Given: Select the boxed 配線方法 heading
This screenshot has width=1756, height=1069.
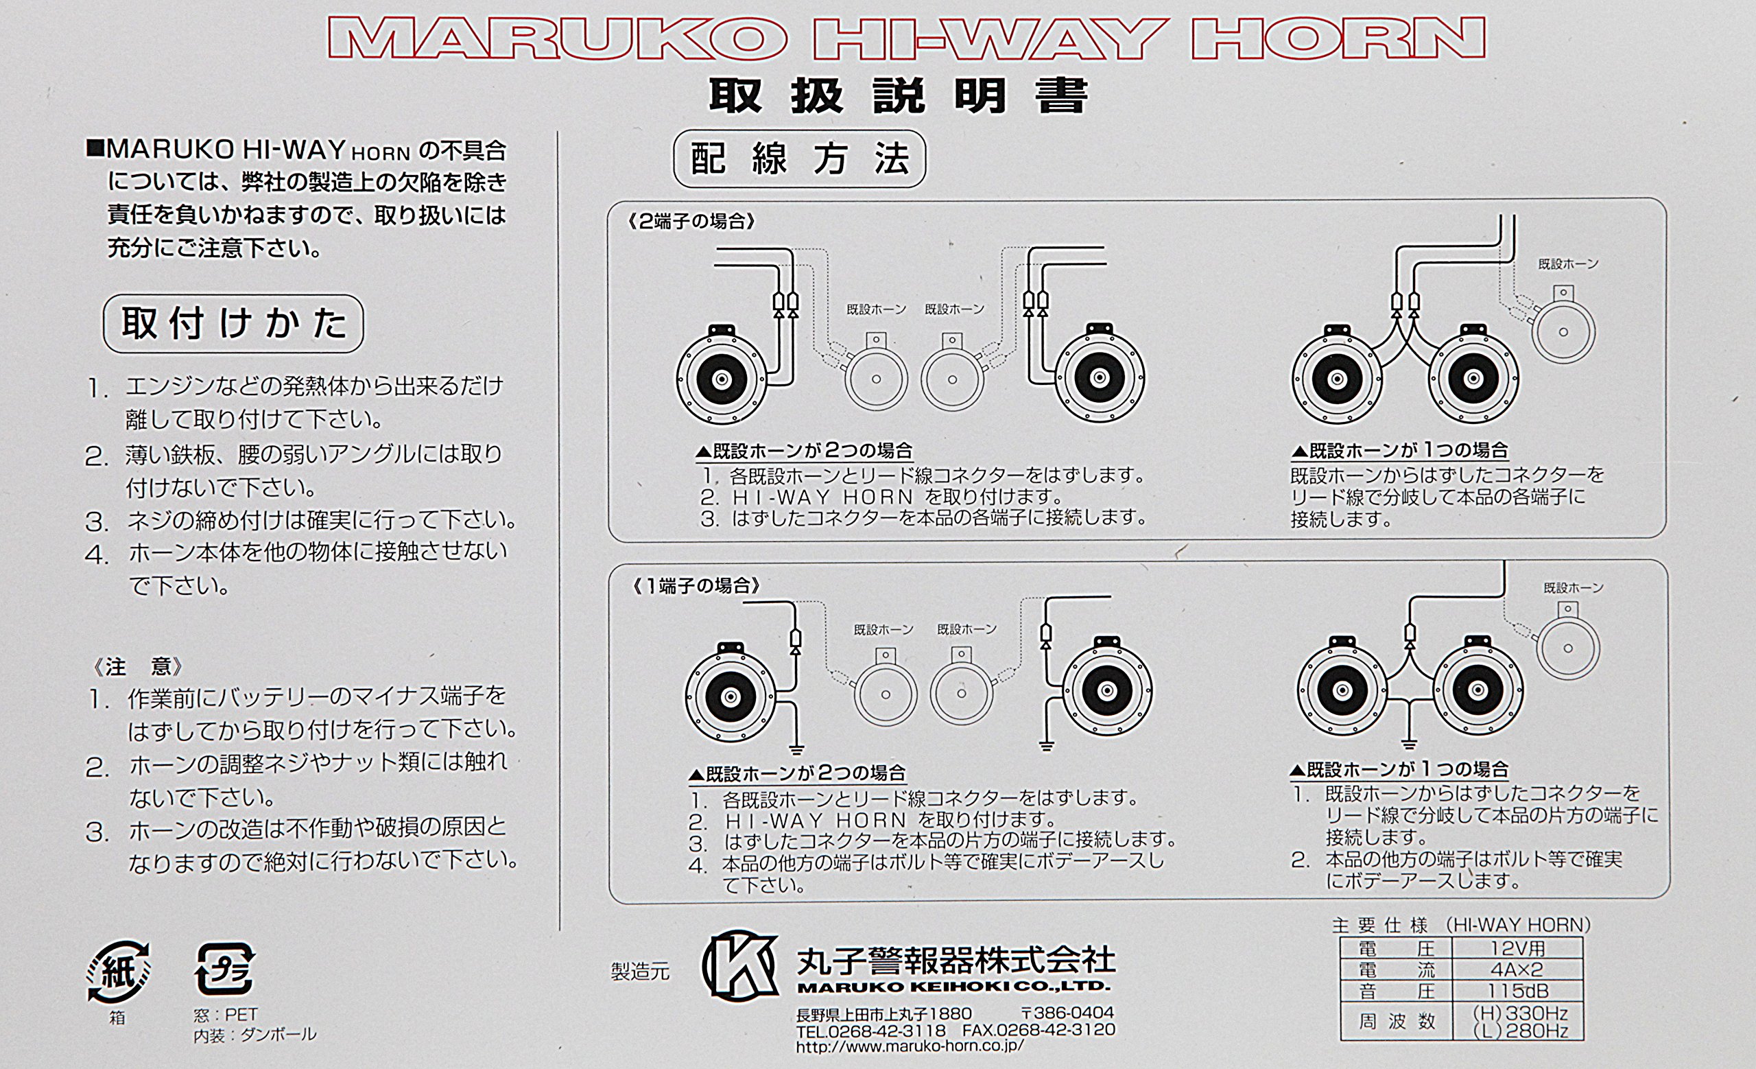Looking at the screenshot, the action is click(x=800, y=159).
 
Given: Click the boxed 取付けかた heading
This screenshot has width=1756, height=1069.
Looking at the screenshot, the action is click(x=233, y=324).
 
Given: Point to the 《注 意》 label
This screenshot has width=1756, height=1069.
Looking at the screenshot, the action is click(x=138, y=667).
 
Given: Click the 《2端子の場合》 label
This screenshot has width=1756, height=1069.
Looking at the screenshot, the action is click(x=691, y=222).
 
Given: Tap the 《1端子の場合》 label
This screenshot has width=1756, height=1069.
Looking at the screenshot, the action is click(x=696, y=586).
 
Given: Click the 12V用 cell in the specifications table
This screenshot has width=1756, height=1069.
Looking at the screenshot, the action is click(x=1517, y=948).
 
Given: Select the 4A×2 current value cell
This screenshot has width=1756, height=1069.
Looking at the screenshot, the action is click(x=1517, y=970).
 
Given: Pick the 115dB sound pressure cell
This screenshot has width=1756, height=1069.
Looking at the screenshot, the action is click(x=1517, y=991).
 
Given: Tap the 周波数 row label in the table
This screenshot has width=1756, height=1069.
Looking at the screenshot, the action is click(x=1396, y=1021).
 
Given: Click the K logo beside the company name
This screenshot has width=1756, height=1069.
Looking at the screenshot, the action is click(x=739, y=966).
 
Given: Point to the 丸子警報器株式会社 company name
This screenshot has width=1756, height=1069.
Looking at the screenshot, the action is click(x=956, y=960).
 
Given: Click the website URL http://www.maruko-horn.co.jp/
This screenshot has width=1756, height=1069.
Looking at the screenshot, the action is click(x=910, y=1046).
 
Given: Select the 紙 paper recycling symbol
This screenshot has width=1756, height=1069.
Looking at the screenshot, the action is click(x=118, y=971).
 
